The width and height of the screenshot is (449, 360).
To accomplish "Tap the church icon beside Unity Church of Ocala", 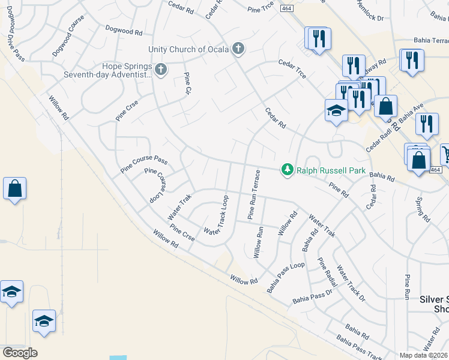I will point(238,49).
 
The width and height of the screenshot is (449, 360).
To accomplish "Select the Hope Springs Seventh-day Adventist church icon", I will point(160,70).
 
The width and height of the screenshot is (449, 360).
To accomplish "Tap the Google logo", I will point(20,353).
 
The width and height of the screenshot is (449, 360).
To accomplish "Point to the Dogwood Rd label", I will point(123,29).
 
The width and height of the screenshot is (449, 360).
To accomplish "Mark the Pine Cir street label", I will point(187,85).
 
